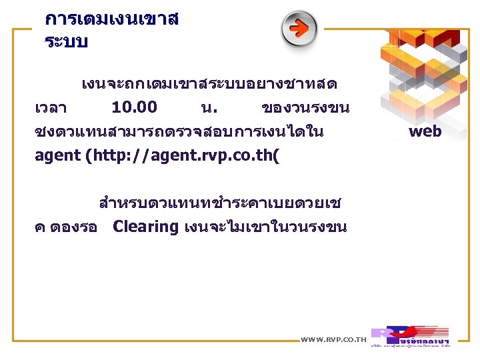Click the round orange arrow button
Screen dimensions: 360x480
tap(299, 29)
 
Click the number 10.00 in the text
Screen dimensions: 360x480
tap(134, 107)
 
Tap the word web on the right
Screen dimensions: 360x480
tap(425, 131)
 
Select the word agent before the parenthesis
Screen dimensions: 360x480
tap(57, 157)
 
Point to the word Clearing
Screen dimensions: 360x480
tap(145, 227)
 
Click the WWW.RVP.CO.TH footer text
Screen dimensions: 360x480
tap(333, 340)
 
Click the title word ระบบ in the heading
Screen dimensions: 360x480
tap(66, 42)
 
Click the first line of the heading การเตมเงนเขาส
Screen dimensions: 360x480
tap(111, 19)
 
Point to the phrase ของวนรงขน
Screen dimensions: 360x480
tap(306, 108)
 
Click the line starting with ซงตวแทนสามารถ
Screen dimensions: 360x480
tap(179, 132)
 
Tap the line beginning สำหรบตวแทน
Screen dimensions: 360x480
tap(219, 202)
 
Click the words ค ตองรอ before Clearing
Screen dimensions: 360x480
tap(66, 227)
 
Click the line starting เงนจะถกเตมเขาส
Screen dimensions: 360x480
tap(209, 84)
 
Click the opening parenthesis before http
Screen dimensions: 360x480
tap(88, 157)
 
